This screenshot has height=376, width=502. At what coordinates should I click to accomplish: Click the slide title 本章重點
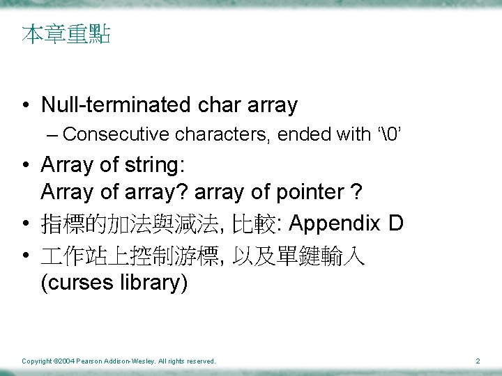pyautogui.click(x=66, y=34)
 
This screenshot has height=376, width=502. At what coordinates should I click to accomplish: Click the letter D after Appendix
pyautogui.click(x=396, y=224)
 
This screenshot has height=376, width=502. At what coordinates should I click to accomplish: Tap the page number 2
pyautogui.click(x=478, y=361)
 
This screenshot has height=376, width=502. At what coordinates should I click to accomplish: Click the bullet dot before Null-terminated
pyautogui.click(x=25, y=106)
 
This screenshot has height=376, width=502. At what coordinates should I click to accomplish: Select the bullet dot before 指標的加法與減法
pyautogui.click(x=25, y=224)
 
